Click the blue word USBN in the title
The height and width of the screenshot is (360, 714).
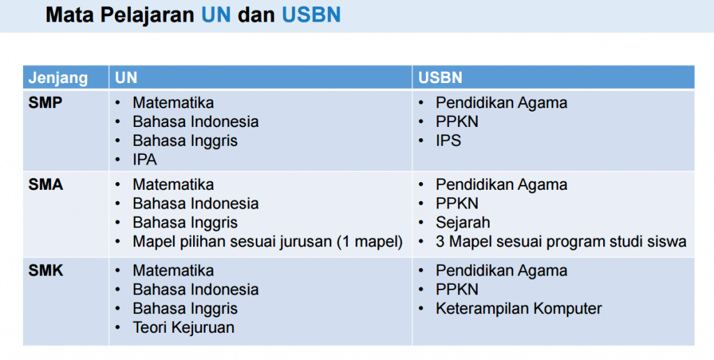pyautogui.click(x=311, y=15)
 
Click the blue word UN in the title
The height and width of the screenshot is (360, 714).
pyautogui.click(x=216, y=15)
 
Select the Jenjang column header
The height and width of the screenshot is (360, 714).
pyautogui.click(x=58, y=78)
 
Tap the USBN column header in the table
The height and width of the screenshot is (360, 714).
pyautogui.click(x=441, y=78)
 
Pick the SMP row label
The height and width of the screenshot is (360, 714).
pyautogui.click(x=45, y=103)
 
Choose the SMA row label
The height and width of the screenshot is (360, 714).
pyautogui.click(x=45, y=185)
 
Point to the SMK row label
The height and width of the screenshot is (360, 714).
pyautogui.click(x=45, y=271)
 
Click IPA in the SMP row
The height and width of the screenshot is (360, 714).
pyautogui.click(x=145, y=160)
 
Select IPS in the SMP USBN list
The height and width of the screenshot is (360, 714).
pyautogui.click(x=448, y=140)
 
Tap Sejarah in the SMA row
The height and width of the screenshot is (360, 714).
pyautogui.click(x=463, y=223)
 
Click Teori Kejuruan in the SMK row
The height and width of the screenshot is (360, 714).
pyautogui.click(x=183, y=327)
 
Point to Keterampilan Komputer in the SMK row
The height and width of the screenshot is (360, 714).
pyautogui.click(x=519, y=308)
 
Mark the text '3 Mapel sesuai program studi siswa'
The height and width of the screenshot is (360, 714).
pyautogui.click(x=561, y=241)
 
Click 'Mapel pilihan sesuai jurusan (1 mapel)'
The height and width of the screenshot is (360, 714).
pyautogui.click(x=268, y=241)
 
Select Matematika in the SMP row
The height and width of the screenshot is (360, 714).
pyautogui.click(x=173, y=103)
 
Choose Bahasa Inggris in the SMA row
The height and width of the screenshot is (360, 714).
pyautogui.click(x=185, y=223)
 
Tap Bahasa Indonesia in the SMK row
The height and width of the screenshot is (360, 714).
pyautogui.click(x=196, y=290)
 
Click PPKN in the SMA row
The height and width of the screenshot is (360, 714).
pyautogui.click(x=457, y=203)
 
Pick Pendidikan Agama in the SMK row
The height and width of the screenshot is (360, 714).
pyautogui.click(x=501, y=271)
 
